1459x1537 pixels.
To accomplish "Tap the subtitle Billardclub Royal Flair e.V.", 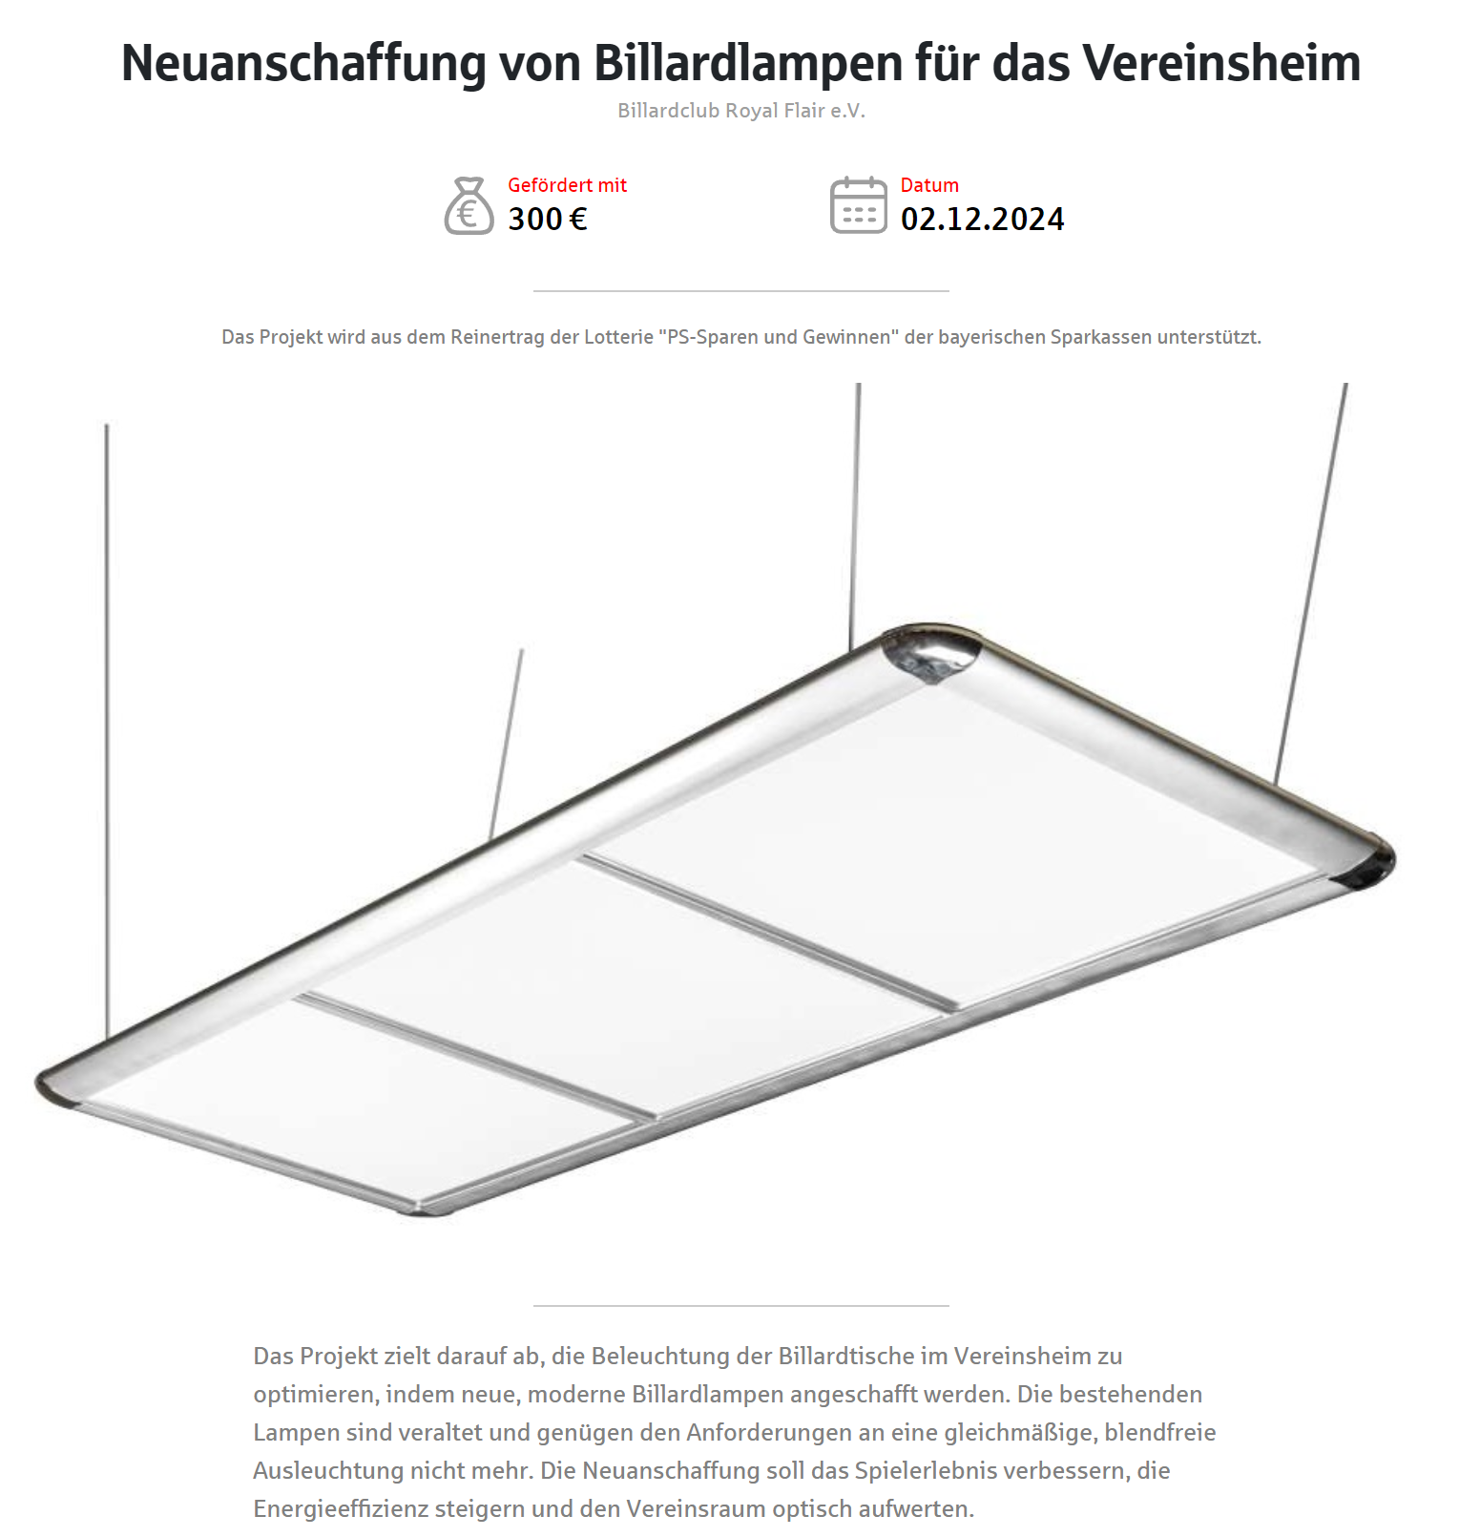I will click(x=740, y=111).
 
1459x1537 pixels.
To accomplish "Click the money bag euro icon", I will click(x=469, y=206).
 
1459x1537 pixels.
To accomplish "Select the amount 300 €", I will click(x=548, y=220).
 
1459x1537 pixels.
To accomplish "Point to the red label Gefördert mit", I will click(x=567, y=185).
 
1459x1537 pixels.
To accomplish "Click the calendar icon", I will click(x=858, y=205).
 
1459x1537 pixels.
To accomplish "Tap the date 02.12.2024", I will click(x=982, y=220).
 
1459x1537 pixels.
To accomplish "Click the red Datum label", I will click(x=929, y=185).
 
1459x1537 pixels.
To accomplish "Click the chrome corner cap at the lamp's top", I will click(x=930, y=652).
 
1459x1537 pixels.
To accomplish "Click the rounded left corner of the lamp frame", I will click(x=57, y=1084).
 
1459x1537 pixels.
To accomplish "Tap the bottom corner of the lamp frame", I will click(x=425, y=1208).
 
